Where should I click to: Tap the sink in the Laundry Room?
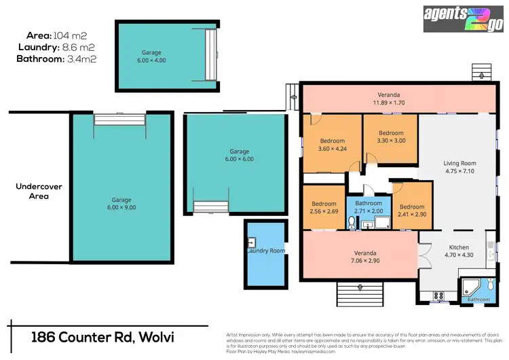[252, 241]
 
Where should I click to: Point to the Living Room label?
[459, 167]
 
